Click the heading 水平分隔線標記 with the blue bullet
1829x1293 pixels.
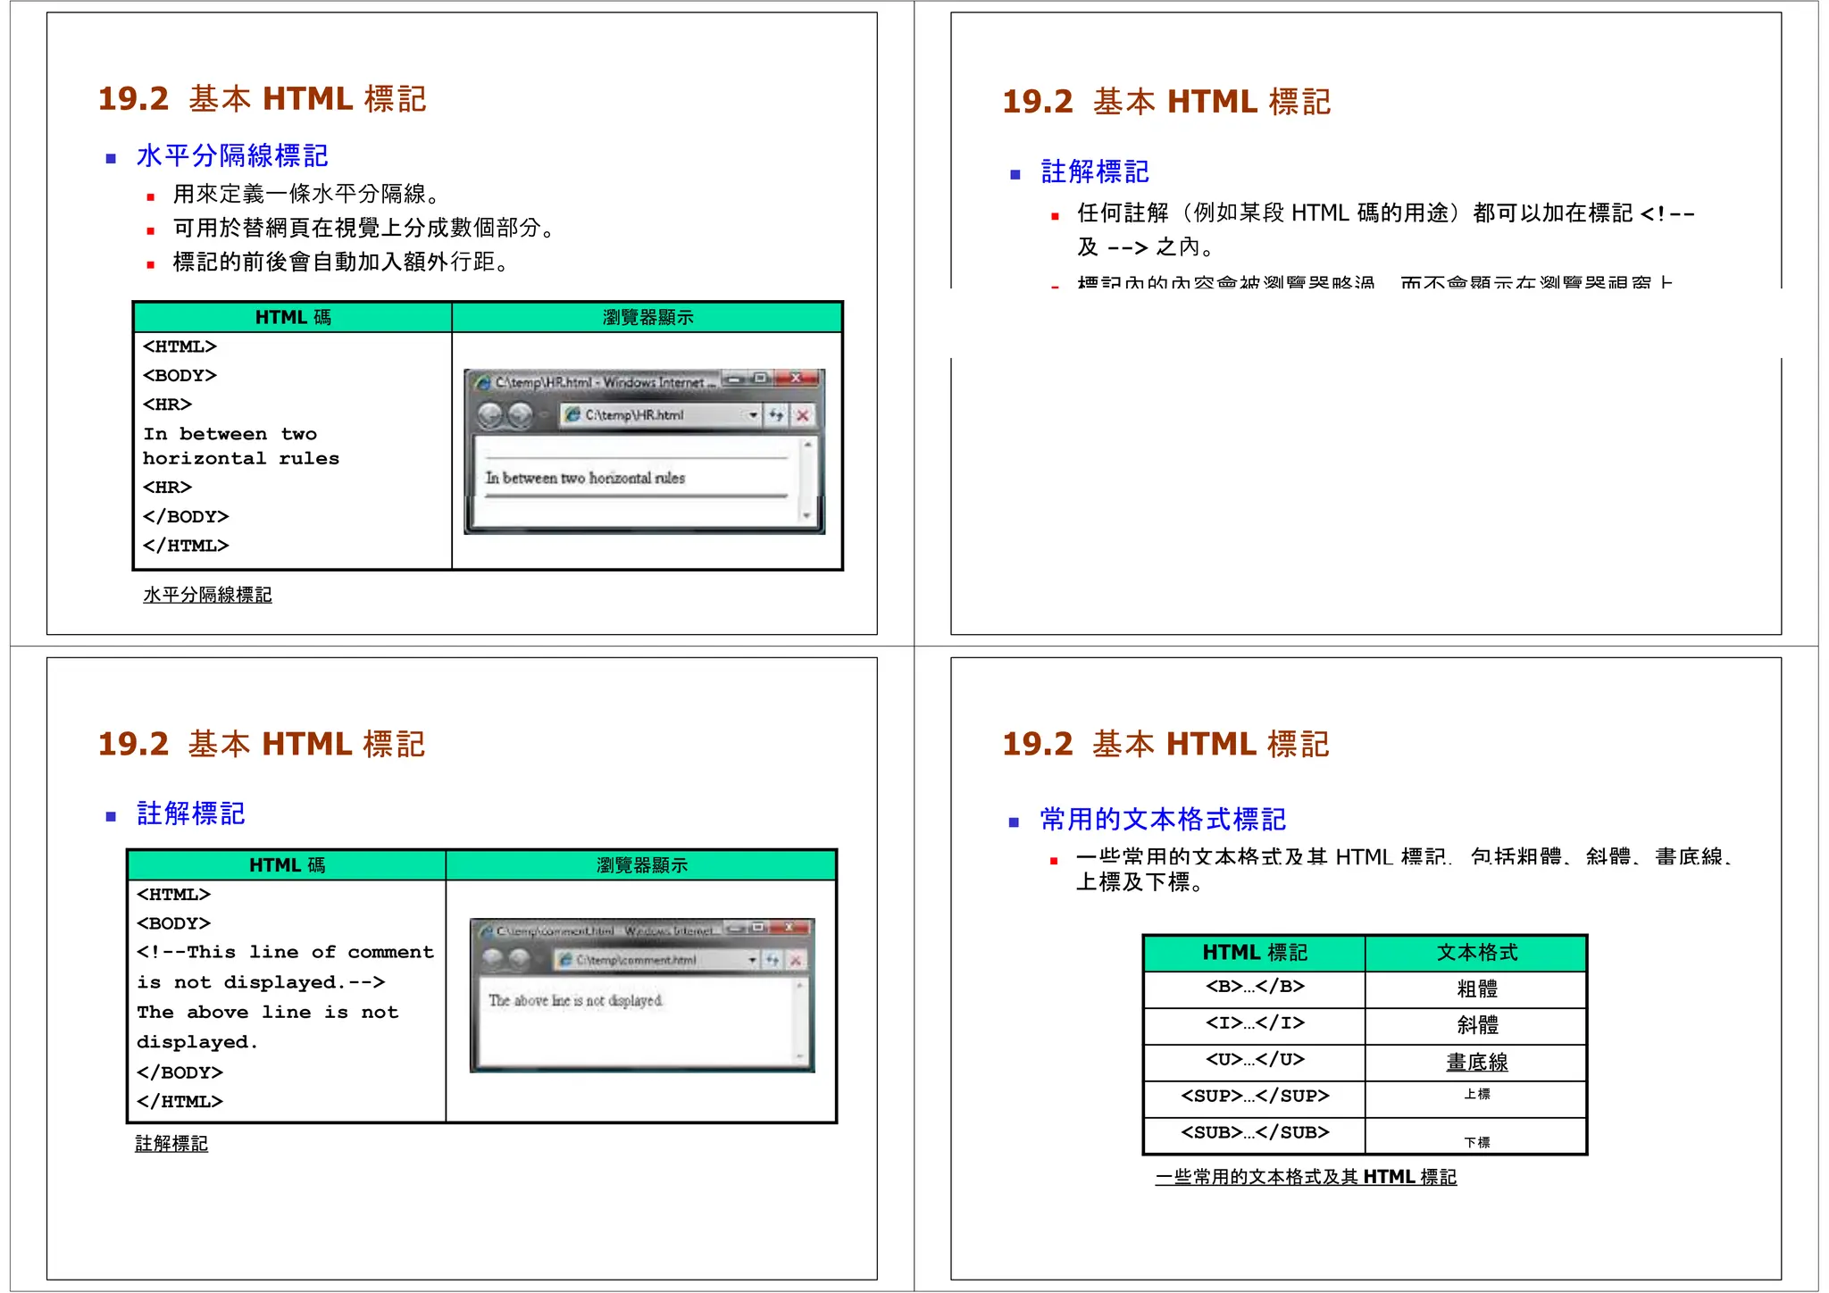232,156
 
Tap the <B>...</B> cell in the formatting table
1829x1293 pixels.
1255,987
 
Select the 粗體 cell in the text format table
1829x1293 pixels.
1477,989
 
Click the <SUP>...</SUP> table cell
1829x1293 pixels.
1255,1096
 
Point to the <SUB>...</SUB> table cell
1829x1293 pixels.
1255,1132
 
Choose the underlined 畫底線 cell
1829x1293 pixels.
1477,1062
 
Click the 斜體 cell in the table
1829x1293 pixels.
1477,1025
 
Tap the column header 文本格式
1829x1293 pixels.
1477,953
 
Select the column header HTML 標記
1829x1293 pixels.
1255,953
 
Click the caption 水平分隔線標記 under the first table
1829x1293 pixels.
207,595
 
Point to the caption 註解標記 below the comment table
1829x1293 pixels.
171,1143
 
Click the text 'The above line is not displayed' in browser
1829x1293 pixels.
576,1001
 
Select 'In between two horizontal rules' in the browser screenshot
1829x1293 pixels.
585,478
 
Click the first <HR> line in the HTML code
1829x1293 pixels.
167,405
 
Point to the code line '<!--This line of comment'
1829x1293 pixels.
285,952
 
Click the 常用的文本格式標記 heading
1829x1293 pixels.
1163,819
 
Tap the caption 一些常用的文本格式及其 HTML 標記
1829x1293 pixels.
1306,1177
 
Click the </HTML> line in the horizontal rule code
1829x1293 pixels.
186,546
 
